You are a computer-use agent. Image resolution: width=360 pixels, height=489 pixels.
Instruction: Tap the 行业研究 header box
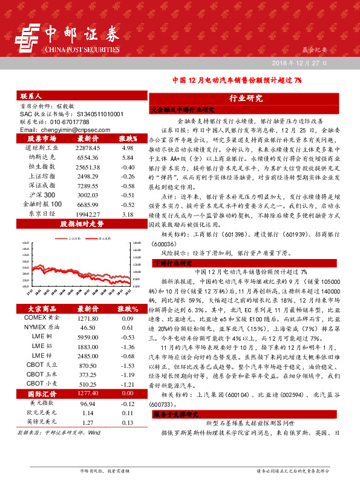(x=246, y=98)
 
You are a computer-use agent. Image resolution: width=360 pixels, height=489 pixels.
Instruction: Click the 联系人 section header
(x=31, y=96)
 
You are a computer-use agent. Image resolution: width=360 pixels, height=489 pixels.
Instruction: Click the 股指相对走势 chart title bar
(x=82, y=223)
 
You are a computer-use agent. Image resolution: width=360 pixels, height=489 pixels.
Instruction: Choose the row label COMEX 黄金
(x=42, y=318)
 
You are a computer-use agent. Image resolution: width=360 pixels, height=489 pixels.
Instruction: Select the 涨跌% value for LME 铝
(x=127, y=347)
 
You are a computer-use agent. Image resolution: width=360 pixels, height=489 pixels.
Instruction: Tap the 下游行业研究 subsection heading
(x=176, y=263)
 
